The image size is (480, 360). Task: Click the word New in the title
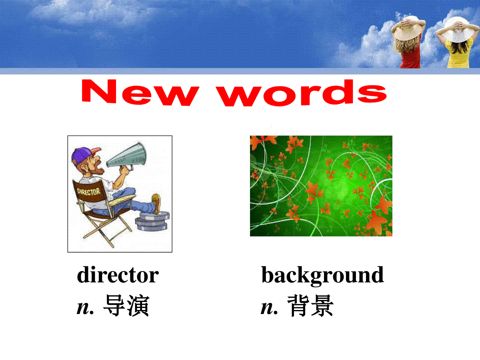point(140,93)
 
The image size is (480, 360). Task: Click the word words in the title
point(301,93)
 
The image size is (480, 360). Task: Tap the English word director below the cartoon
point(118,275)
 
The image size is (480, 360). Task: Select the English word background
point(322,276)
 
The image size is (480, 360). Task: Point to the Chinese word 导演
point(126,305)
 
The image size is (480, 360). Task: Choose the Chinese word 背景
point(310,305)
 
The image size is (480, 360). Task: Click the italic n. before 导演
point(85,308)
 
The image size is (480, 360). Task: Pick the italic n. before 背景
point(269,308)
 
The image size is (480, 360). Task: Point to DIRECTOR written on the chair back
point(89,192)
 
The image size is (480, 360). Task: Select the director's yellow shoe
point(156,203)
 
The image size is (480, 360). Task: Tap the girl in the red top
point(408,42)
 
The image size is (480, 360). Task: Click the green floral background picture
point(321,186)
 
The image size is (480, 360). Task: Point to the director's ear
point(84,168)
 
